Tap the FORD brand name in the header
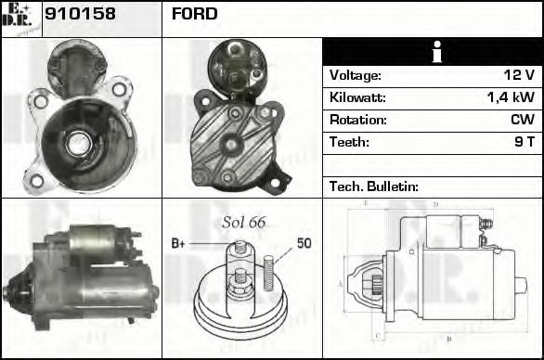coord(194,14)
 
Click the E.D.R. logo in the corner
coord(20,18)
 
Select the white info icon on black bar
coord(433,52)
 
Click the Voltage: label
coord(356,75)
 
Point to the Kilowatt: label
coord(357,97)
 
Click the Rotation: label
coord(357,120)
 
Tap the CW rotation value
coord(522,120)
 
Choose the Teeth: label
coord(349,142)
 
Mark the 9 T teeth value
coord(524,142)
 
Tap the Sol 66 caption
coord(244,222)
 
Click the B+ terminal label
coord(179,244)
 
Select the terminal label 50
coord(304,244)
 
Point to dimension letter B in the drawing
coord(448,339)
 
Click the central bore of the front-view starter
coord(78,143)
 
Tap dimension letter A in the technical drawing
coord(341,283)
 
